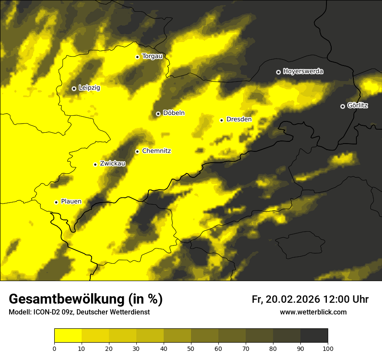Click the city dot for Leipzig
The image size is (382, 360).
pos(74,88)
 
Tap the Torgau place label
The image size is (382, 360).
pos(152,56)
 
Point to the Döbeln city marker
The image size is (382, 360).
pos(158,114)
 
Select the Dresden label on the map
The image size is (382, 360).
pos(239,119)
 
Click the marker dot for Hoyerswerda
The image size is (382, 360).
pos(278,72)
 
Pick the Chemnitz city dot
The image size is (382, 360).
pos(137,151)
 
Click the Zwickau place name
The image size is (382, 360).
pos(112,164)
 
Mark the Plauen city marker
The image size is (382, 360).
pos(56,202)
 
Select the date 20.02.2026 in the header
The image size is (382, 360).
pos(291,299)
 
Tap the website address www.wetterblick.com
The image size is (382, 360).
pos(313,312)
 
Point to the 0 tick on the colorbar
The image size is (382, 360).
pos(54,348)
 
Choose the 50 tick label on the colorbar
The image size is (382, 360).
pos(191,348)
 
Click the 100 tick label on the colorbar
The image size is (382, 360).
pos(328,348)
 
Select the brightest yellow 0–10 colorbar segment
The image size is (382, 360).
pos(68,335)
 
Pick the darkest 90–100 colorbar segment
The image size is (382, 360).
pos(314,335)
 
